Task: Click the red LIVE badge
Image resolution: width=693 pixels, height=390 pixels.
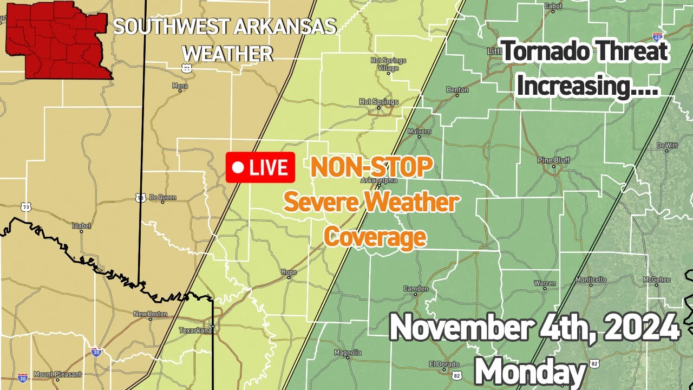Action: (x=260, y=167)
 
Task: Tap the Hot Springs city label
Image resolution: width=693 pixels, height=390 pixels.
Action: (x=378, y=102)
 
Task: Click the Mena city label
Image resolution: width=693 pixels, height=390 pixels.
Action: (x=180, y=86)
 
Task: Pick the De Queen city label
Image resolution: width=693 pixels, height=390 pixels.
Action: (x=162, y=198)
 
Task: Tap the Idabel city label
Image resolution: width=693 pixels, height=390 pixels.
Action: (x=82, y=225)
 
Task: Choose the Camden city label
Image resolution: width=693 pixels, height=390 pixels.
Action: (x=416, y=289)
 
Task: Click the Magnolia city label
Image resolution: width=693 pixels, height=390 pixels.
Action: (x=348, y=353)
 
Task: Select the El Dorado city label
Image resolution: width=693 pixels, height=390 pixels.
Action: (x=440, y=363)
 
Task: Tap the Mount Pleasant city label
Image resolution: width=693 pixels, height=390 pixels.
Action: (x=57, y=374)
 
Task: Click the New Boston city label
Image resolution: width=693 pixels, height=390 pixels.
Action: (x=147, y=314)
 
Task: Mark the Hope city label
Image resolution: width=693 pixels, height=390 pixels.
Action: (x=289, y=272)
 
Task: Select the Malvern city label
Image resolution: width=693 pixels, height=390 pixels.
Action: (x=420, y=132)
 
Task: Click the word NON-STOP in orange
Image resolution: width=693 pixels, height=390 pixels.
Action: (x=371, y=167)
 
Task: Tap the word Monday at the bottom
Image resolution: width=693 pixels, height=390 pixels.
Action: (x=530, y=373)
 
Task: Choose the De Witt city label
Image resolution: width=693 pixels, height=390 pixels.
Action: (x=667, y=145)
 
